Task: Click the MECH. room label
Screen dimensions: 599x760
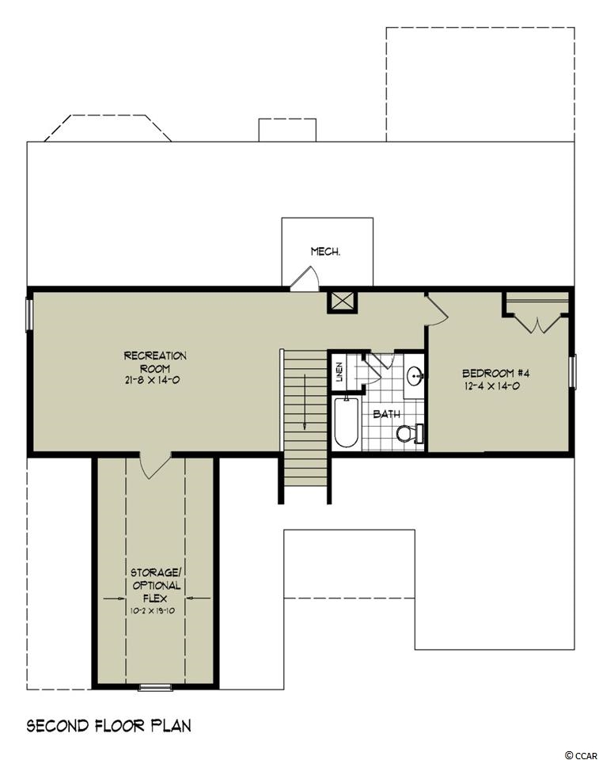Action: pyautogui.click(x=324, y=252)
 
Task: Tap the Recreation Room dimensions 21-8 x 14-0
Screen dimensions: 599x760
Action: pyautogui.click(x=152, y=381)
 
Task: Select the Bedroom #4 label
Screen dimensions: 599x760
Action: pyautogui.click(x=495, y=373)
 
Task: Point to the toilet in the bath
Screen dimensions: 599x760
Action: pyautogui.click(x=410, y=433)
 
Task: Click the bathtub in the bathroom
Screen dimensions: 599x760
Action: pyautogui.click(x=346, y=422)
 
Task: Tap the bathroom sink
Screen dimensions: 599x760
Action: pyautogui.click(x=415, y=374)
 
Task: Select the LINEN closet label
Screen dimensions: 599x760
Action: pyautogui.click(x=339, y=372)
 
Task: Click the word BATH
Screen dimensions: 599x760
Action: pyautogui.click(x=386, y=414)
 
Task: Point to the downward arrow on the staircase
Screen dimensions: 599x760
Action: pyautogui.click(x=305, y=401)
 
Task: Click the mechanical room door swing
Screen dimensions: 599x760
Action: pyautogui.click(x=305, y=279)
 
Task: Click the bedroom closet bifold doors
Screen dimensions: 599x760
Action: pyautogui.click(x=537, y=325)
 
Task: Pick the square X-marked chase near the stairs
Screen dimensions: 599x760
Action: pyautogui.click(x=342, y=302)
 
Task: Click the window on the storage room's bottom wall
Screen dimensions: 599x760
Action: pyautogui.click(x=155, y=687)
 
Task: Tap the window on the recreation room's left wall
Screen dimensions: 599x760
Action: pyautogui.click(x=29, y=316)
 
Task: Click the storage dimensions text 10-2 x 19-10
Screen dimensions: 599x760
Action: pyautogui.click(x=152, y=610)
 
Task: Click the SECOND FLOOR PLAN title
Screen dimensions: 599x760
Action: pyautogui.click(x=108, y=726)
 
